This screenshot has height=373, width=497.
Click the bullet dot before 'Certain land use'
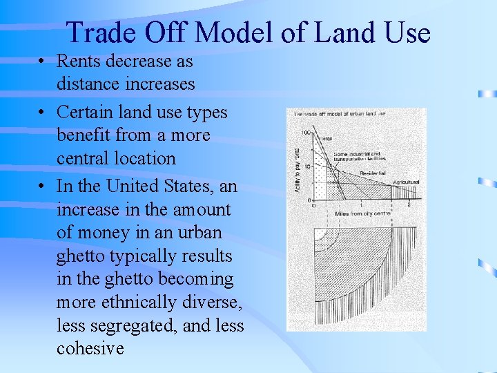tap(43, 111)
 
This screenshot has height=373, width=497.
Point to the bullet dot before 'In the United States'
tap(43, 186)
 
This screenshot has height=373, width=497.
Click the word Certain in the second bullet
tap(84, 111)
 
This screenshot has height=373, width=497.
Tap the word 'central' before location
tap(84, 158)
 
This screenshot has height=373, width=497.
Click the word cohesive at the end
tap(90, 348)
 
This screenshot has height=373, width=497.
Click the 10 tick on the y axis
tap(306, 166)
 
